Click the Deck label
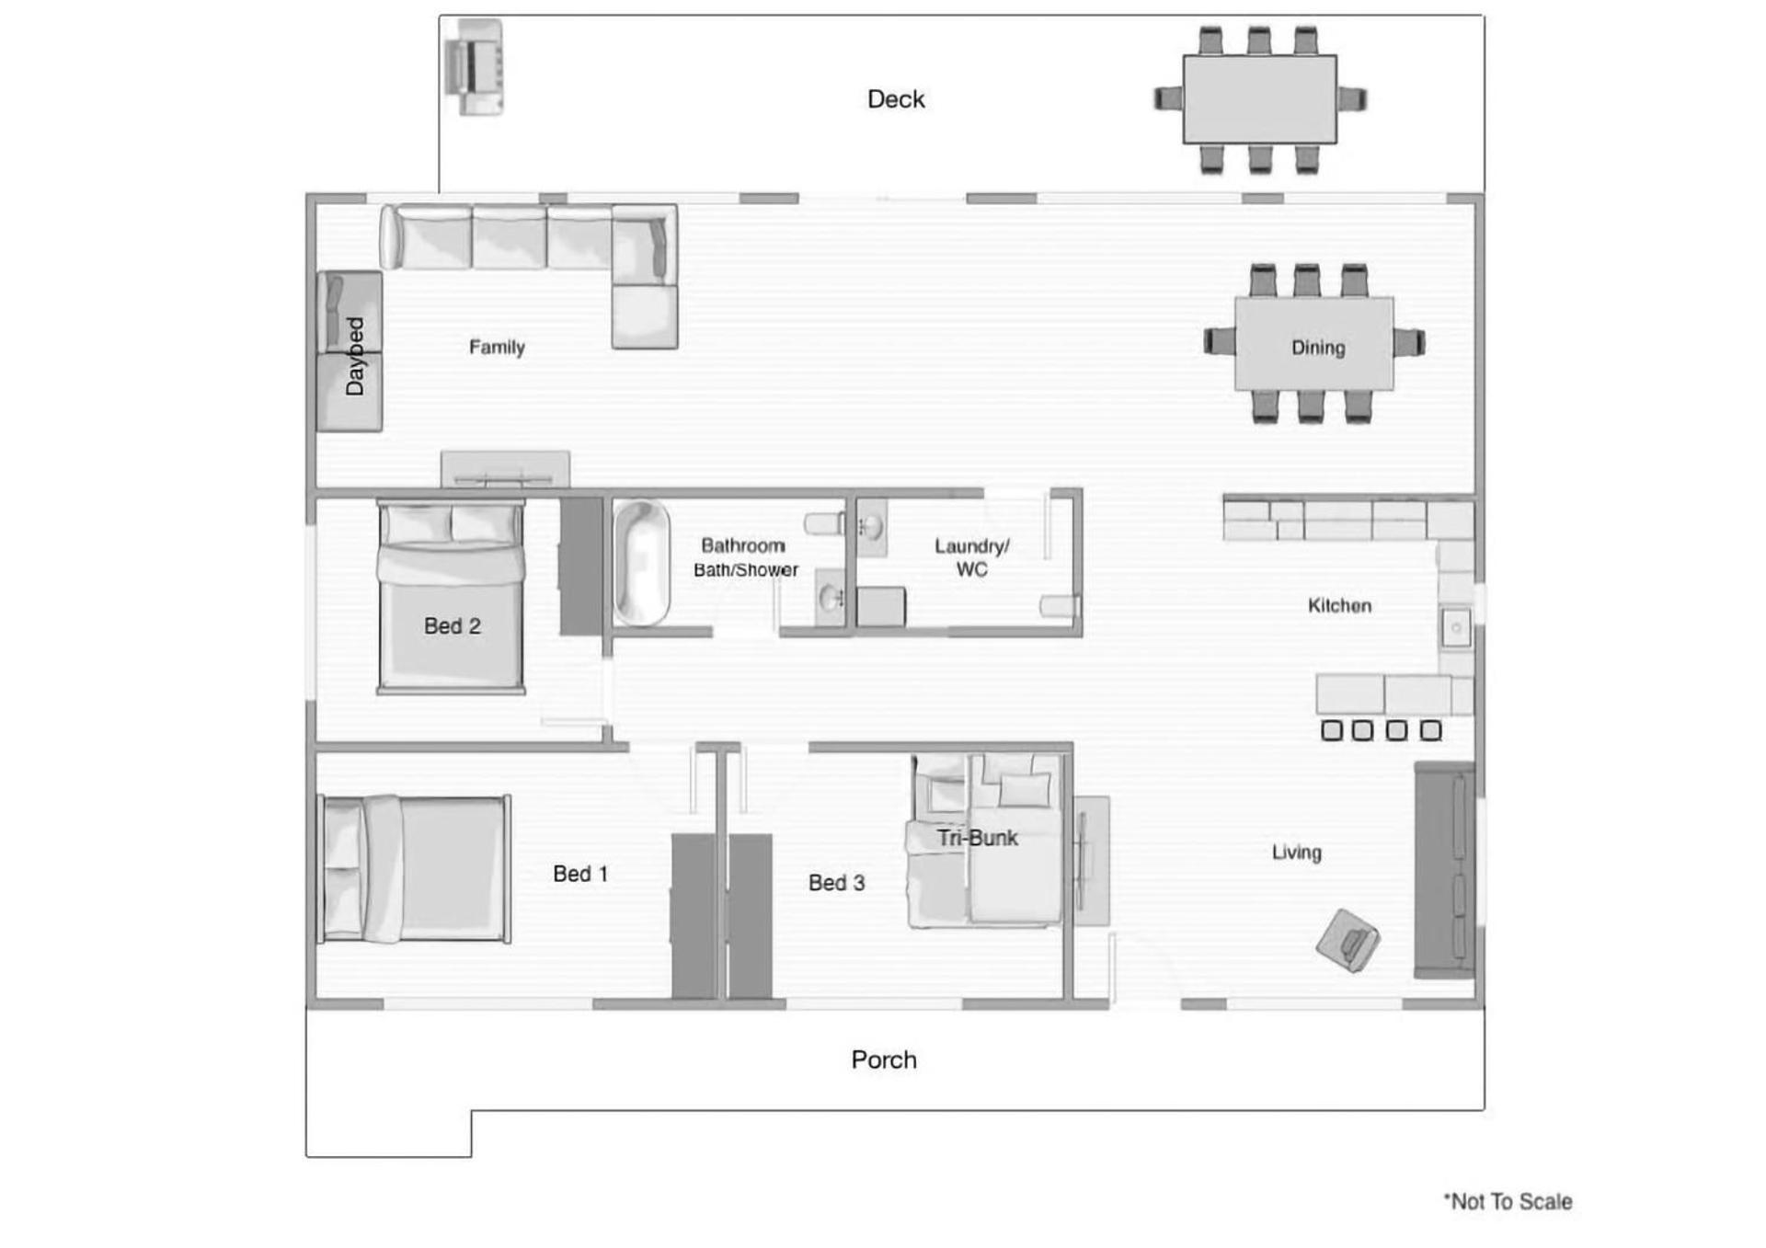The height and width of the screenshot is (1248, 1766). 896,99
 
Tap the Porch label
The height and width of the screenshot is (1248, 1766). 884,1059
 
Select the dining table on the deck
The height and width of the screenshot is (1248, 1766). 1260,99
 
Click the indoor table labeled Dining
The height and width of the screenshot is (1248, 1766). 1314,343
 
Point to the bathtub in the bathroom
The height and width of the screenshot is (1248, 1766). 641,563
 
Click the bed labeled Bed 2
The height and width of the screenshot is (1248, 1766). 451,597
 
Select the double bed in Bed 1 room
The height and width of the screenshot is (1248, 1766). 414,869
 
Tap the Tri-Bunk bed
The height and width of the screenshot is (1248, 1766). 984,841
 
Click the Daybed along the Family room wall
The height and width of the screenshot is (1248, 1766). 350,351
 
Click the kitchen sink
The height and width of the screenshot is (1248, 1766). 1456,628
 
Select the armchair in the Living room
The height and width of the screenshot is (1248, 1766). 1347,940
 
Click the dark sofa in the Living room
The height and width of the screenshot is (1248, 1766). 1445,870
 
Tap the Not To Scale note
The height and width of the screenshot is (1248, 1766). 1508,1201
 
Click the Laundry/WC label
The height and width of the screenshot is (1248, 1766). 972,557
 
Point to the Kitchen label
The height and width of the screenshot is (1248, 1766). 1339,605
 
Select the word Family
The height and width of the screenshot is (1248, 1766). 497,347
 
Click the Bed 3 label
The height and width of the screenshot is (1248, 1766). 836,883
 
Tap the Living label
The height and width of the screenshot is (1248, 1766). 1297,853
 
